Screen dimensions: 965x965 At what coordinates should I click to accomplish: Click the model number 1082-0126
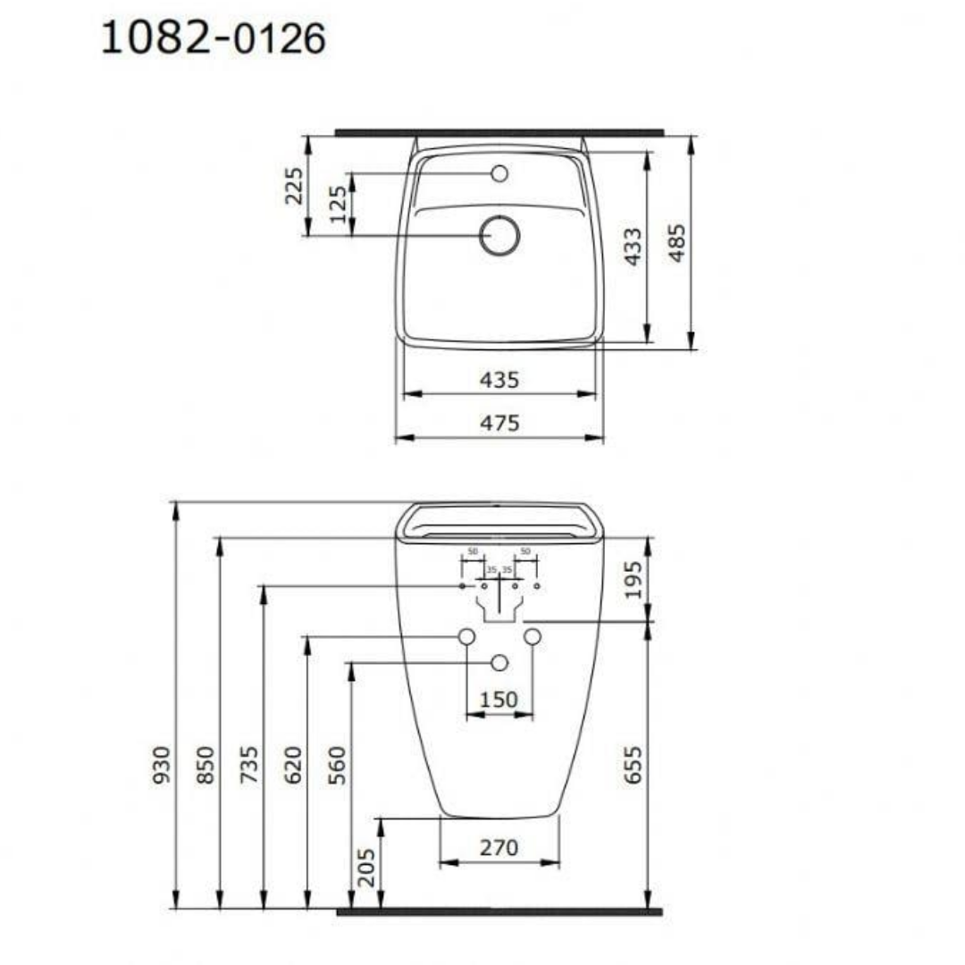[213, 38]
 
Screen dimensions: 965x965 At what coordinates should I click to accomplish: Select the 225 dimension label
[294, 185]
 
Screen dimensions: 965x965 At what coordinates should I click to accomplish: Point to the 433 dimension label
[632, 247]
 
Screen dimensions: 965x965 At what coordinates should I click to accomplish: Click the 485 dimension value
[677, 242]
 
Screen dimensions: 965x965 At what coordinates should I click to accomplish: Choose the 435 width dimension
[499, 380]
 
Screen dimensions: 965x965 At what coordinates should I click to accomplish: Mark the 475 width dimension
[499, 423]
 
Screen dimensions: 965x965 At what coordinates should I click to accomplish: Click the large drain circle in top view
[499, 236]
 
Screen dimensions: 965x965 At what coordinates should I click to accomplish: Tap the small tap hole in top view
[499, 173]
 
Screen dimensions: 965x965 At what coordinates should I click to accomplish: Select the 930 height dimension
[161, 765]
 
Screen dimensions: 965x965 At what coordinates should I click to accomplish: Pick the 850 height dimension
[205, 765]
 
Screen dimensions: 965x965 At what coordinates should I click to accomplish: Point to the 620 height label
[293, 765]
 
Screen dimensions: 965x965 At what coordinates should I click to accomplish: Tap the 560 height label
[337, 765]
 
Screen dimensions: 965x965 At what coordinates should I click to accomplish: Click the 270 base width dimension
[499, 847]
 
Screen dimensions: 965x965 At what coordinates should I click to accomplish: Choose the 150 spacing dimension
[499, 700]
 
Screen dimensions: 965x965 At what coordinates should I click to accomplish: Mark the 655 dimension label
[632, 765]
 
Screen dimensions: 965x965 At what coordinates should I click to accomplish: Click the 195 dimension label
[632, 579]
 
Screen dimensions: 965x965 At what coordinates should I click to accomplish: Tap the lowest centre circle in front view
[499, 662]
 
